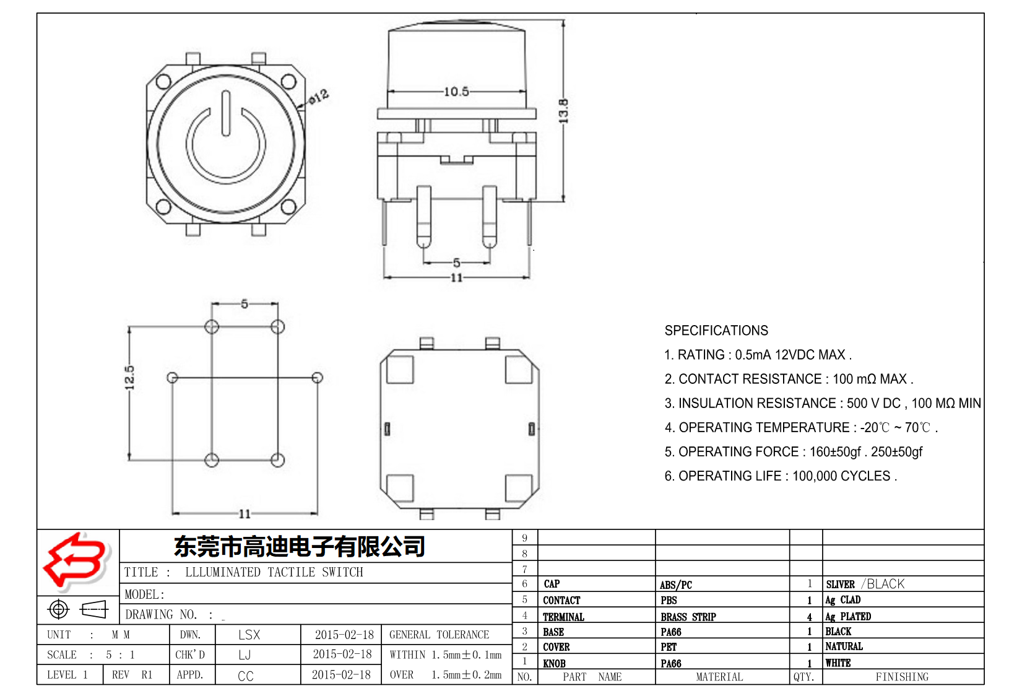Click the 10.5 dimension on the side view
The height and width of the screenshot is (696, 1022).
(456, 92)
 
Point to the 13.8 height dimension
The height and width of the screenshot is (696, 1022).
(563, 111)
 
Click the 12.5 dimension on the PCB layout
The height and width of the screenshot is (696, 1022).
(129, 378)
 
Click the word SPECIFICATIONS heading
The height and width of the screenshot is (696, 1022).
(716, 331)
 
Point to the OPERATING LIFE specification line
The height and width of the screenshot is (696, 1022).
(781, 476)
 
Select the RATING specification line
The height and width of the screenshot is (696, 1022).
(758, 355)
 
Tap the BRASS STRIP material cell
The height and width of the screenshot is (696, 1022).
(688, 617)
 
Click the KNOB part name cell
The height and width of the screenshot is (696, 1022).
(554, 663)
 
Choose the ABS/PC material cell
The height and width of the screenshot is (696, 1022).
(676, 585)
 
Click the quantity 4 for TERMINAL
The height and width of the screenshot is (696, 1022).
(809, 617)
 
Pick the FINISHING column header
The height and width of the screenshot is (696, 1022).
(902, 677)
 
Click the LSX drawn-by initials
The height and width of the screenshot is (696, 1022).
(249, 635)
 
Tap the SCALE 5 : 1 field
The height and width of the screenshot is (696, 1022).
(90, 655)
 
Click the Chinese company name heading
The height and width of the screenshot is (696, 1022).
(300, 546)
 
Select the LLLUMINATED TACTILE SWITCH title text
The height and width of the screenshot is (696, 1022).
(274, 572)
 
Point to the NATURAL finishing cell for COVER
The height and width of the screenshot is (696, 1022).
(844, 646)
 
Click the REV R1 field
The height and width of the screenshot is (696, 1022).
(132, 675)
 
